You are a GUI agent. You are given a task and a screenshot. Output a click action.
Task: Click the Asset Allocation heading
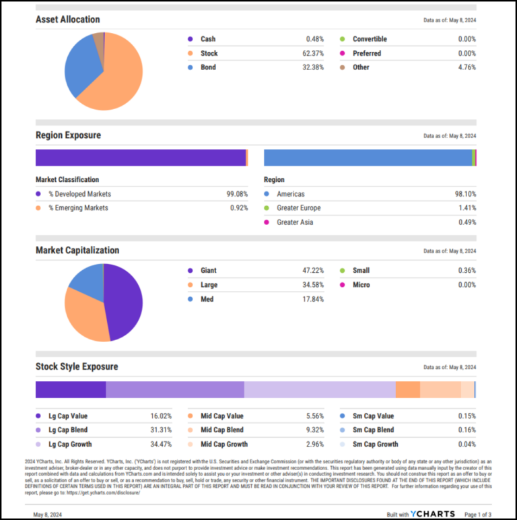point(67,20)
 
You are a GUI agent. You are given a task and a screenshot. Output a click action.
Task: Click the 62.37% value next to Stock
point(312,53)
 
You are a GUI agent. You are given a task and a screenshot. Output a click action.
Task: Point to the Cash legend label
point(208,39)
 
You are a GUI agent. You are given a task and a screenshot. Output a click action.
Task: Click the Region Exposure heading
point(68,135)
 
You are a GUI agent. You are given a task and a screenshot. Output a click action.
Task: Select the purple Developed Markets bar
point(140,158)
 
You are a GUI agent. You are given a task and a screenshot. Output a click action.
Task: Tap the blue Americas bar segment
point(368,158)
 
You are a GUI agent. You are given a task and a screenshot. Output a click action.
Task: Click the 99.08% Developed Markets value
point(237,194)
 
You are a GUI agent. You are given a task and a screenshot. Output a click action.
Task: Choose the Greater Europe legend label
point(298,208)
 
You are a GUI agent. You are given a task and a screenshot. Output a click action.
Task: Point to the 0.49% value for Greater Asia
point(467,222)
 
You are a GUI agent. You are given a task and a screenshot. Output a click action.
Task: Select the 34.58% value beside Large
point(312,285)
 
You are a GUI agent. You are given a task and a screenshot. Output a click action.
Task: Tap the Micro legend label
point(361,285)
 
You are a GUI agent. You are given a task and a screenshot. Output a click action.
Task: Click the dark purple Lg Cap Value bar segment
point(70,390)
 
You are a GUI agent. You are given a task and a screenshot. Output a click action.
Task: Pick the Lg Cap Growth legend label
point(69,445)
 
